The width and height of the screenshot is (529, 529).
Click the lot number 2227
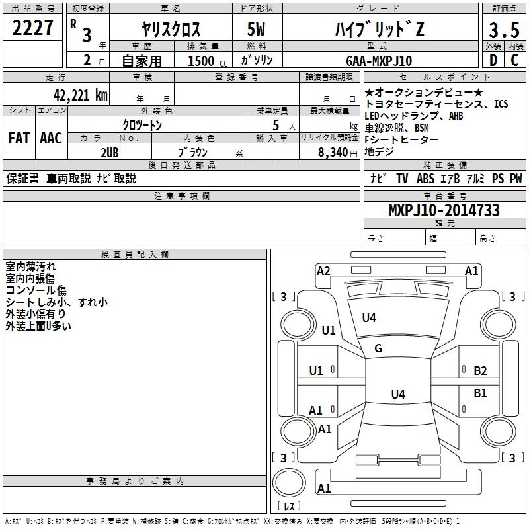(32, 28)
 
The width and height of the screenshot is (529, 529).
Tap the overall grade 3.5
(504, 30)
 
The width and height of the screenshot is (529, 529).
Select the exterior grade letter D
(493, 60)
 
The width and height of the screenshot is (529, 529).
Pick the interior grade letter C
(514, 60)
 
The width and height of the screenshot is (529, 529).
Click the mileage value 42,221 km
(81, 95)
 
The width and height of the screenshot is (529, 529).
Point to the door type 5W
(256, 29)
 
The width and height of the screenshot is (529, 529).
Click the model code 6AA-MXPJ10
(379, 61)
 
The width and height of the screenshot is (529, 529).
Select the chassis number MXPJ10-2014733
(444, 210)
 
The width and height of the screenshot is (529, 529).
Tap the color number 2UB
(110, 153)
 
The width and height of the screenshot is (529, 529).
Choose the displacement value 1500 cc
(208, 61)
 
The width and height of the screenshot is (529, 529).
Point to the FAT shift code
(19, 138)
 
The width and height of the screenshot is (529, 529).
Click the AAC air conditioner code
(51, 138)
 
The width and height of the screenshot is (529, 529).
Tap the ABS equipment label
(425, 178)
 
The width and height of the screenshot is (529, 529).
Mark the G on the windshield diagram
(378, 348)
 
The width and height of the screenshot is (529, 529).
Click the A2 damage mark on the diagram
(323, 271)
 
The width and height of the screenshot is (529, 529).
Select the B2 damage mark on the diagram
(480, 371)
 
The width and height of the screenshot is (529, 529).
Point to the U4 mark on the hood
(369, 317)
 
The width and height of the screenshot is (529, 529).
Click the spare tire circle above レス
(289, 483)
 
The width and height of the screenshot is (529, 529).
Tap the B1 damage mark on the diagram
(480, 393)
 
